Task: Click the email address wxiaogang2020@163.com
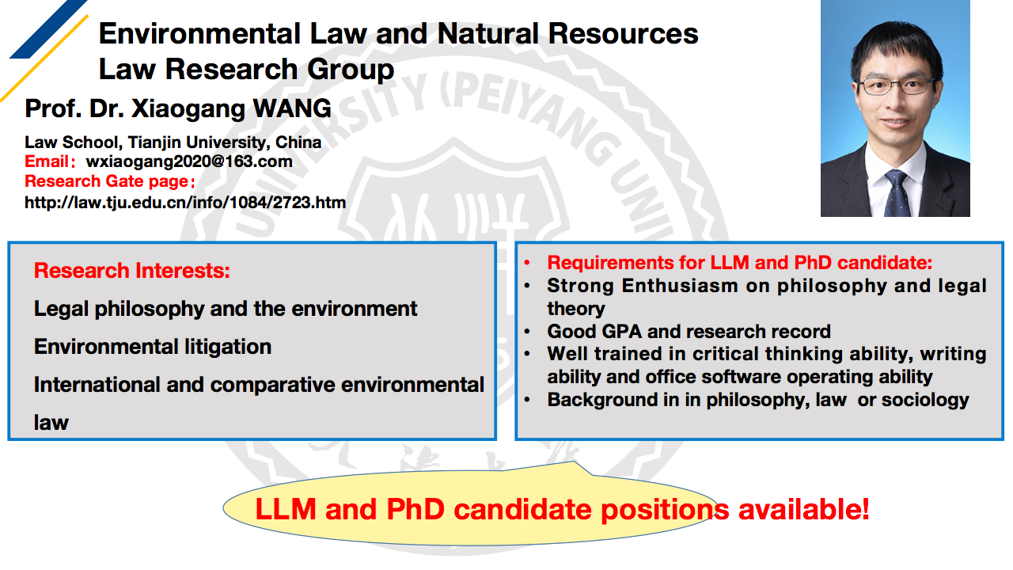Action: point(189,162)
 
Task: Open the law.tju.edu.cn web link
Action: point(185,202)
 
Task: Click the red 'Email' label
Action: point(46,161)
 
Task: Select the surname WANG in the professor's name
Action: point(292,108)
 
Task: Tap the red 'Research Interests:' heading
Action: point(132,271)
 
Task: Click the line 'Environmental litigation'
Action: point(153,347)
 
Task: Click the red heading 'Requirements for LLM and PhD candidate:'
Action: point(739,263)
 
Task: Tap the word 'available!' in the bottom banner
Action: point(803,509)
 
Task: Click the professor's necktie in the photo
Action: point(897,194)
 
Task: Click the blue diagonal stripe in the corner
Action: point(48,29)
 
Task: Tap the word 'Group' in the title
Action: point(351,70)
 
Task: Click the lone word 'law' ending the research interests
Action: point(51,423)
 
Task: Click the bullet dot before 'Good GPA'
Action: point(527,332)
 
